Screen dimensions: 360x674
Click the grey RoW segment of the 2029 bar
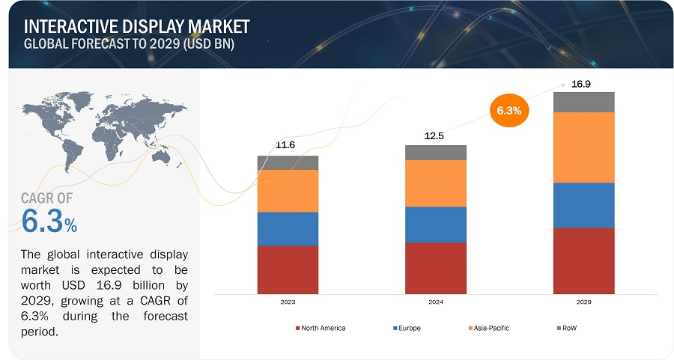click(584, 102)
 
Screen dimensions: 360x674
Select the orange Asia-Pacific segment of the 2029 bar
click(584, 147)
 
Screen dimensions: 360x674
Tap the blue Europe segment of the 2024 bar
click(436, 225)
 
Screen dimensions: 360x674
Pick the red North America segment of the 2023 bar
click(288, 269)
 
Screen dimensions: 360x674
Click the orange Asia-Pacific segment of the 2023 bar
click(288, 191)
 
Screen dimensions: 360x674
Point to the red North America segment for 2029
click(584, 260)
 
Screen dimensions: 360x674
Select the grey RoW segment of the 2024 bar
click(436, 153)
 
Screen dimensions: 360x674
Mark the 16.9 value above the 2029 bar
click(583, 83)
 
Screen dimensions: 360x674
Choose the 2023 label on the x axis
click(288, 302)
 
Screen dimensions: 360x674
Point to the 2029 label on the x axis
click(584, 302)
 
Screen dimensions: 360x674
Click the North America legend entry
click(321, 328)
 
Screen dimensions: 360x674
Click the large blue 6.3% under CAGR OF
click(49, 222)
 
